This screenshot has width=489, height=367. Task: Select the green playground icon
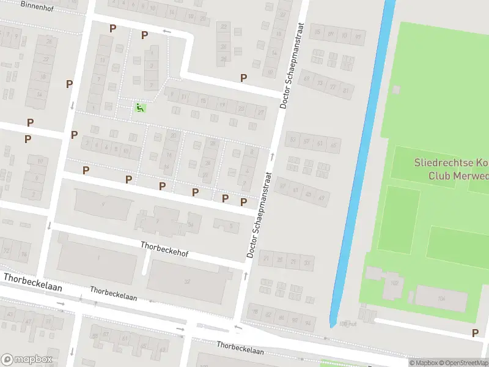[x=140, y=108]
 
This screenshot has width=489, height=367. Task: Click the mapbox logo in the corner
[x=27, y=360]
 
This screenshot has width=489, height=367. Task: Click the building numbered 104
[x=441, y=298]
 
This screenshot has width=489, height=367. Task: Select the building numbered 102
[x=394, y=283]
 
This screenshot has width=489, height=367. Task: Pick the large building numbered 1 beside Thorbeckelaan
[x=97, y=258]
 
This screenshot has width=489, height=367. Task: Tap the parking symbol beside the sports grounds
[x=475, y=333]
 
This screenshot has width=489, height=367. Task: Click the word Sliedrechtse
[x=451, y=163]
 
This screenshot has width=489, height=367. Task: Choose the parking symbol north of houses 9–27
[x=243, y=78]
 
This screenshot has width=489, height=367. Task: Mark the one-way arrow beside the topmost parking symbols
[x=166, y=31]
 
